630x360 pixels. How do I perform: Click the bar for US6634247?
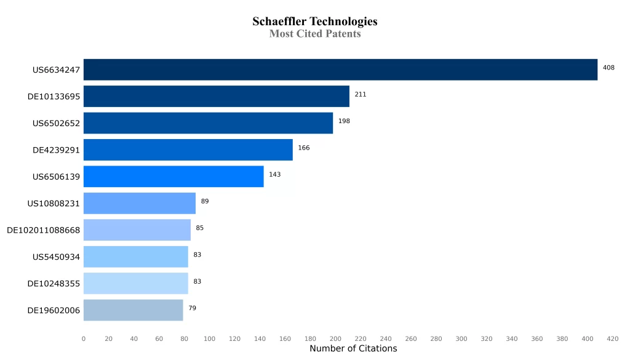(340, 70)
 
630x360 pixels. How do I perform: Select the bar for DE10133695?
(217, 97)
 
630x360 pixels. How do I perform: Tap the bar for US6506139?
(173, 177)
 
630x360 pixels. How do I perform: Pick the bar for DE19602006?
(134, 310)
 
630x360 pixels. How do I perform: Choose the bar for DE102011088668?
(137, 230)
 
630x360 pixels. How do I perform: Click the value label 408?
(608, 68)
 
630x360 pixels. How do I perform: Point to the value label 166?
(304, 148)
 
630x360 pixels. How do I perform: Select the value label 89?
(205, 201)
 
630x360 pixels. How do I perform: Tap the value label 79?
(193, 308)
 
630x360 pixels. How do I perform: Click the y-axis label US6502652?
(56, 123)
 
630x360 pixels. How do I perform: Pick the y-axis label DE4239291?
(56, 150)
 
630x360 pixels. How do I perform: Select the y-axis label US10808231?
(54, 203)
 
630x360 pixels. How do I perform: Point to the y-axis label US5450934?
(56, 257)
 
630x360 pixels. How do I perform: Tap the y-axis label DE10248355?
(54, 284)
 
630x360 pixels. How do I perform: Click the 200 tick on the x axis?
(335, 338)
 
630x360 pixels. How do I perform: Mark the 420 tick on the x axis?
(612, 338)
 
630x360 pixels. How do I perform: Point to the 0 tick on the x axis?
(84, 338)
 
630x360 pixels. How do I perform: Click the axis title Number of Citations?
(353, 349)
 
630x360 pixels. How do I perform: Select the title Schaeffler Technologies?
(315, 22)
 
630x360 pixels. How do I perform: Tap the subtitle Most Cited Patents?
(315, 34)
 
